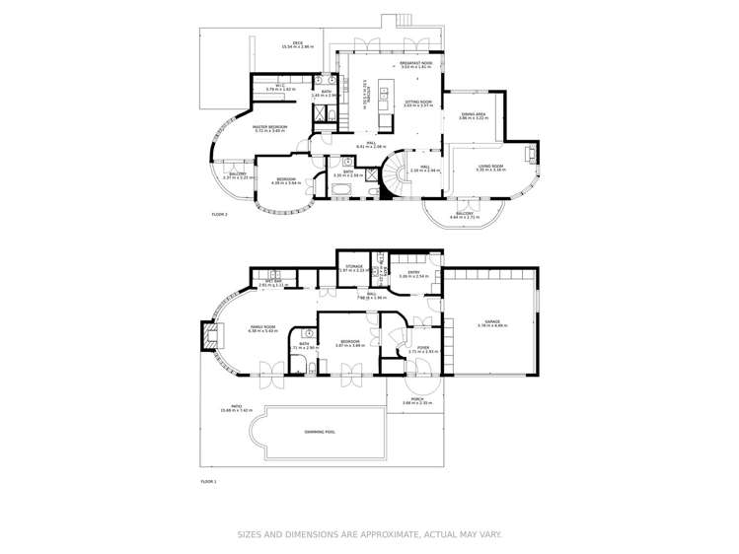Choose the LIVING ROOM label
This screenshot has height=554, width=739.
click(x=490, y=167)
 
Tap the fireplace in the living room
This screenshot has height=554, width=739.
click(x=534, y=154)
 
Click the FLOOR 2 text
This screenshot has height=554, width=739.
click(x=220, y=214)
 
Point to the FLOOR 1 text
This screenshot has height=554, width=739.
click(x=208, y=481)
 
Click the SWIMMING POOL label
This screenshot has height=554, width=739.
click(x=319, y=431)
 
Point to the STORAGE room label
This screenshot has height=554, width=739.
click(x=350, y=266)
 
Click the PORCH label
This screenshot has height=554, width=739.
click(x=416, y=399)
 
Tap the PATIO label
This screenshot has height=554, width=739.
click(x=236, y=406)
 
